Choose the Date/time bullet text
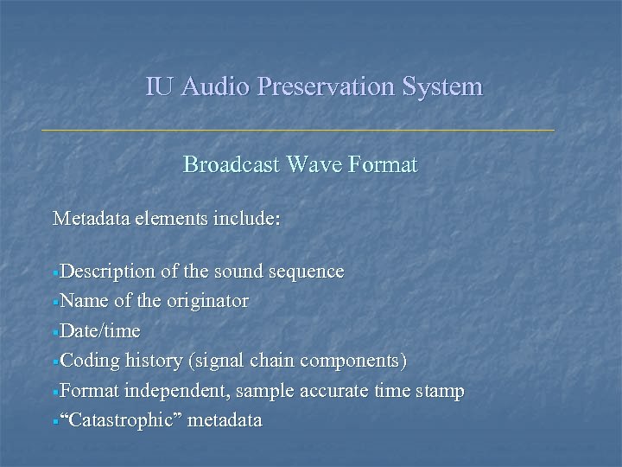tap(101, 331)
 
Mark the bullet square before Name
tap(56, 303)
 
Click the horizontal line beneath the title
tap(298, 130)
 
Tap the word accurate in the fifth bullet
tap(332, 391)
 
